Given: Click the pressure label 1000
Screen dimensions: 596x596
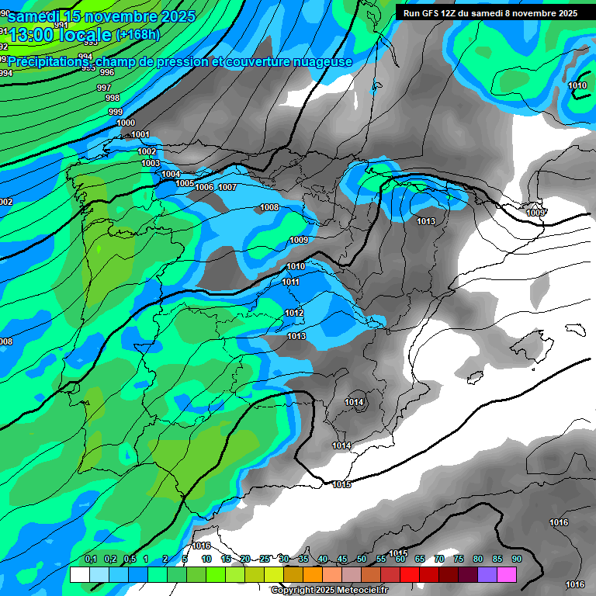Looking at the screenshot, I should pos(126,123).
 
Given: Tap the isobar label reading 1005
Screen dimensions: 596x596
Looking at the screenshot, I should pos(185,183).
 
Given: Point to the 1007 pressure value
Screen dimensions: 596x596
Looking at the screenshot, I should pos(227,187).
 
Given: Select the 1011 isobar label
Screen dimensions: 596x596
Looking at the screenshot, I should pos(291,282).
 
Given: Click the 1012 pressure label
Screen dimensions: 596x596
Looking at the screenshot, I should pos(294,313).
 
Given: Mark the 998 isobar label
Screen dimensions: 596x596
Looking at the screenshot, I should pos(113,98).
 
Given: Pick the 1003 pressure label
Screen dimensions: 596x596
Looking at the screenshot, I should pos(151,163).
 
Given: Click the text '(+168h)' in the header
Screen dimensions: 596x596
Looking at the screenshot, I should pos(138,34).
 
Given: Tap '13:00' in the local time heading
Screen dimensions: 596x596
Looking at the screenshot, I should pos(33,36).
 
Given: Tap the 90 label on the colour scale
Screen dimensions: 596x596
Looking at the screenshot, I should pos(516,559).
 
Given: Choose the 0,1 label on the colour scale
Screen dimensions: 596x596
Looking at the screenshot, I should pos(90,559).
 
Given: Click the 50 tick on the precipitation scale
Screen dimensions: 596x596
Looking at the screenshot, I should pos(362,559).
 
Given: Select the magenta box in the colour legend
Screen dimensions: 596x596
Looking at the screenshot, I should pos(507,574).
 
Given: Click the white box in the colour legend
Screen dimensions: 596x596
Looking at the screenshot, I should pos(79,574).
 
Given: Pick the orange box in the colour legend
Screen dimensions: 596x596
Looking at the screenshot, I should pos(313,574).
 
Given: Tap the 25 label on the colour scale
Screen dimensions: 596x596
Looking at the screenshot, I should pos(265,559).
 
